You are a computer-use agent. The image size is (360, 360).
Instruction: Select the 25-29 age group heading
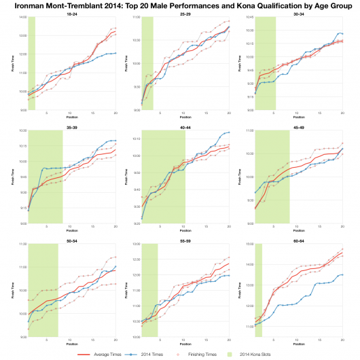(185, 14)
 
